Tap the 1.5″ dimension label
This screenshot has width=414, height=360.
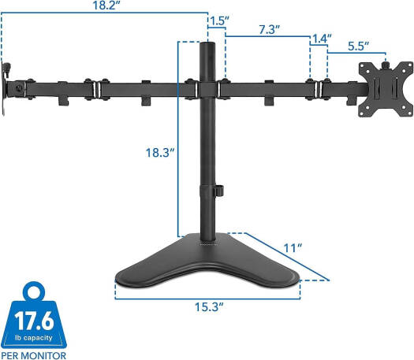[x=219, y=21]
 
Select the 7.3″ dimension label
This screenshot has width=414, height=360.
[x=269, y=30]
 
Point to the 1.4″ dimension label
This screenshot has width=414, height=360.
[x=322, y=39]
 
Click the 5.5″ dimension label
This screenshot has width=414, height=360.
[x=358, y=46]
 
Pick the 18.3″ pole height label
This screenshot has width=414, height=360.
[x=160, y=153]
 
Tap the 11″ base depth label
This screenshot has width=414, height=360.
[x=293, y=248]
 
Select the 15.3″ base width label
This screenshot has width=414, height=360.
[x=209, y=306]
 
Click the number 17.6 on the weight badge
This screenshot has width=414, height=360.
[x=34, y=321]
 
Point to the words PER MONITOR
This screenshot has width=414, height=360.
[x=33, y=355]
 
